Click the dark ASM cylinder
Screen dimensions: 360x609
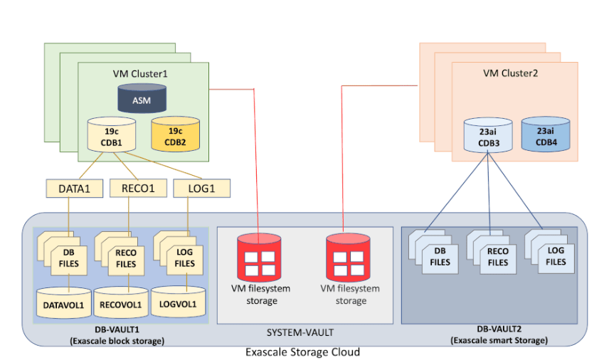[x=142, y=100]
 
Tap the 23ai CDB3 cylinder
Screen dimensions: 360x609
[x=487, y=135]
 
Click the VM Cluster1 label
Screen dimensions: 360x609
[x=140, y=73]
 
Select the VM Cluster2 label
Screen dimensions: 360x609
[x=510, y=73]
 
